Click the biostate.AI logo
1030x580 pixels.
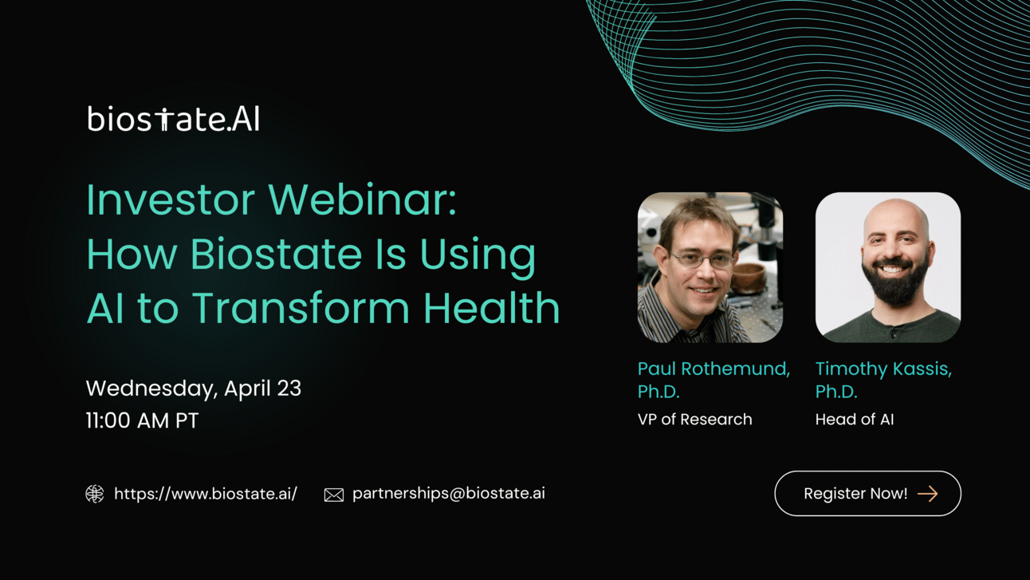tap(173, 119)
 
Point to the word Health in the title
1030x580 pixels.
tap(492, 307)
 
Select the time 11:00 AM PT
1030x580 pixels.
tap(142, 420)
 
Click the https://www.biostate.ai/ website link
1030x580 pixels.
tap(206, 494)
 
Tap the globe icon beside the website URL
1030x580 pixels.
tap(95, 494)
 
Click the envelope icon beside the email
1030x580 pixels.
tap(334, 495)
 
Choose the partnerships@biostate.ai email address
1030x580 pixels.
tap(449, 494)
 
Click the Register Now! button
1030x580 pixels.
tap(867, 494)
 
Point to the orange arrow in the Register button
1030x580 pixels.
tap(928, 494)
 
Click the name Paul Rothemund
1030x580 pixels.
tap(714, 369)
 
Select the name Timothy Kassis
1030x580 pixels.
tap(883, 369)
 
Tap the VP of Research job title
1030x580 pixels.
tap(695, 420)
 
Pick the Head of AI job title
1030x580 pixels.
tap(855, 420)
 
